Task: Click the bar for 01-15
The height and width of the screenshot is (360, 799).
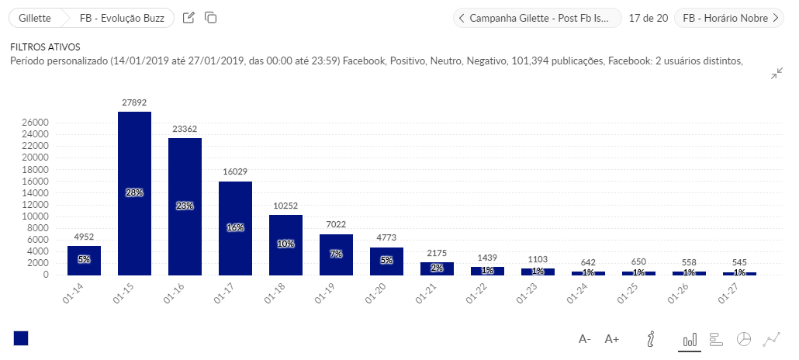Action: (x=134, y=193)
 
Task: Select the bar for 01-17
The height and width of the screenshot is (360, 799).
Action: (x=235, y=228)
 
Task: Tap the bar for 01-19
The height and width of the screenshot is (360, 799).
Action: (x=336, y=254)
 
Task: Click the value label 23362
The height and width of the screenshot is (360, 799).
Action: (x=185, y=130)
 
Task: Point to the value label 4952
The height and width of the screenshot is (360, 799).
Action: (x=84, y=237)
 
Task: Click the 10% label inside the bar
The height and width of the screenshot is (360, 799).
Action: (x=285, y=244)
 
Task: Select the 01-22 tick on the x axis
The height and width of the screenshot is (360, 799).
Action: (x=481, y=296)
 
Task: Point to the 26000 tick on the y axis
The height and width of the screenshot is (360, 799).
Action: (x=36, y=123)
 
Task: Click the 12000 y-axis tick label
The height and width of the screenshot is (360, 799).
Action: (x=36, y=205)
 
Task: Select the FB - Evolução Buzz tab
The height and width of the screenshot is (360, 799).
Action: (x=121, y=18)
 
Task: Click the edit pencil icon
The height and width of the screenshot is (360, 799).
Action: (x=189, y=18)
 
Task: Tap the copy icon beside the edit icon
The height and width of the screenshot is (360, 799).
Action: (x=211, y=18)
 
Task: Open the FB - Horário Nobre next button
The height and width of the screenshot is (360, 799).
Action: (x=729, y=18)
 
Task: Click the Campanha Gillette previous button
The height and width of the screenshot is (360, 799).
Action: (x=537, y=18)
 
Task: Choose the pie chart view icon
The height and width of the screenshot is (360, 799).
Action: (x=743, y=339)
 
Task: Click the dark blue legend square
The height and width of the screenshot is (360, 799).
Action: (x=21, y=338)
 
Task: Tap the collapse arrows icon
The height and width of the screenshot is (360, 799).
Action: (x=777, y=74)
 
